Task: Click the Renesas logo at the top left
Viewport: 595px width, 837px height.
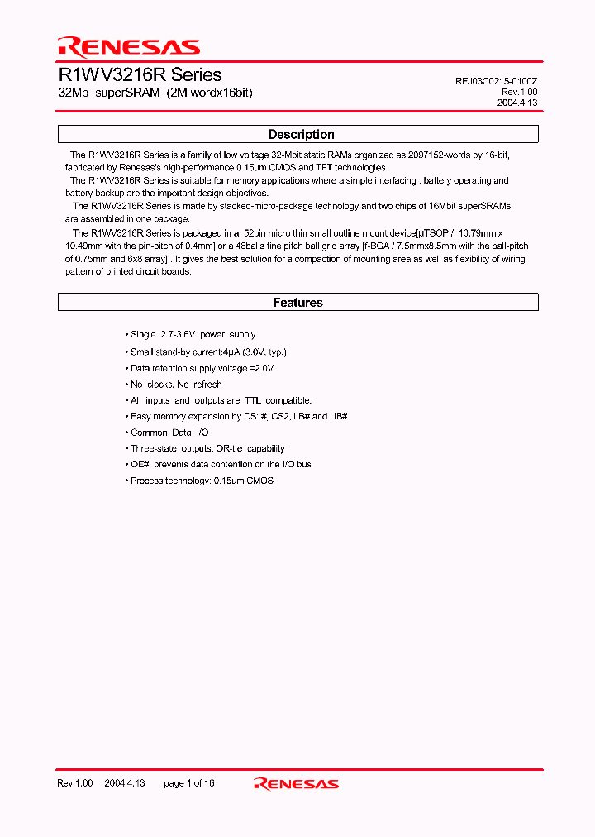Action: (128, 46)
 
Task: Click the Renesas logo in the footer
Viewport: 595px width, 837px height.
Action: (296, 783)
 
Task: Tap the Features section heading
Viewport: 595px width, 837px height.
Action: (297, 303)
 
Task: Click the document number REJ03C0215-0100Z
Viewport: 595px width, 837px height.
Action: (501, 81)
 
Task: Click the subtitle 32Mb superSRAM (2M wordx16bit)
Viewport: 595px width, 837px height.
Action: (155, 93)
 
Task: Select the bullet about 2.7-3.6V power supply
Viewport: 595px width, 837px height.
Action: (193, 335)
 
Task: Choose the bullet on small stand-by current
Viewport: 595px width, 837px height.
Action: (208, 352)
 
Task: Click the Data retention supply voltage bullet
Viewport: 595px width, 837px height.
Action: (202, 368)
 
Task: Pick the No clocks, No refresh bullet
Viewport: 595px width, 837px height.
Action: (176, 384)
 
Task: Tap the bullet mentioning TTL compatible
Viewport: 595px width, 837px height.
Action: (221, 400)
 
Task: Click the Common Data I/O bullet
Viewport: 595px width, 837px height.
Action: (169, 433)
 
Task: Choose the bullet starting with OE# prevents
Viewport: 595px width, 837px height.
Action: (221, 465)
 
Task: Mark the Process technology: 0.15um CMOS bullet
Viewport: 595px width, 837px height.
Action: (202, 481)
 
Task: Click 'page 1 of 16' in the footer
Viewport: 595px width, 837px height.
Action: (189, 782)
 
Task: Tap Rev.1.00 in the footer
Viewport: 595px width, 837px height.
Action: (74, 782)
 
